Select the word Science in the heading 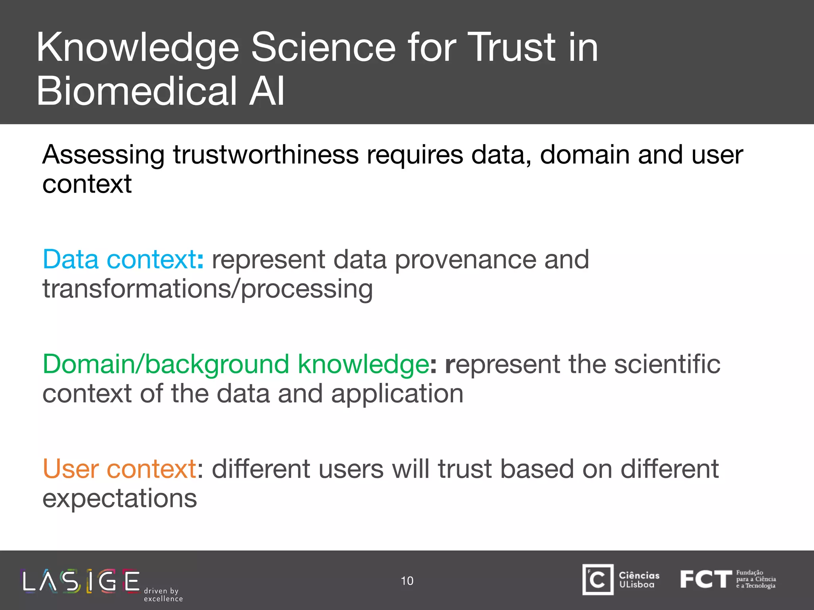click(324, 48)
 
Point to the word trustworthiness click(266, 154)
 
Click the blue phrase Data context click(119, 260)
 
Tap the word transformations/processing click(207, 289)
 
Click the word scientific click(667, 364)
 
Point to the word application click(397, 394)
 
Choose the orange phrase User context click(119, 469)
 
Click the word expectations click(120, 498)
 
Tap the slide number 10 click(407, 581)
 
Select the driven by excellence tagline click(163, 595)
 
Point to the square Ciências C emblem click(598, 580)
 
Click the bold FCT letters click(705, 579)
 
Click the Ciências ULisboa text click(639, 580)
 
